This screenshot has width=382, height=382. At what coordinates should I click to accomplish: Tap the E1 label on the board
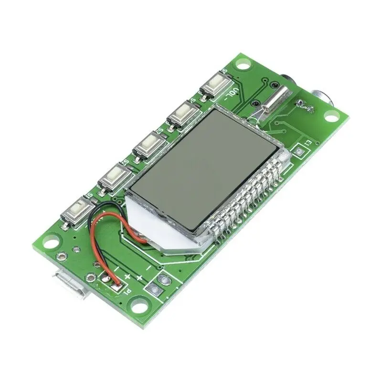(x=308, y=143)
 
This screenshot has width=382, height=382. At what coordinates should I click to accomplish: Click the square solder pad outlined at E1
(x=299, y=152)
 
